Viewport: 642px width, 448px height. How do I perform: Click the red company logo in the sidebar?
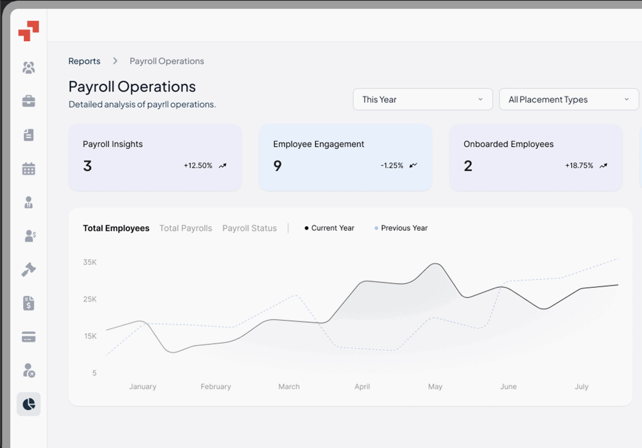coord(29,31)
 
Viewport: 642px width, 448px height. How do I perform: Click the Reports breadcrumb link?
coord(84,61)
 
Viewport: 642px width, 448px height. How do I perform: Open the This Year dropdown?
coord(423,99)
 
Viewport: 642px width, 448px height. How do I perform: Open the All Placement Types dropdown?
coord(569,99)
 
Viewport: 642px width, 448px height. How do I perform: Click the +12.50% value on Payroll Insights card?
coord(198,166)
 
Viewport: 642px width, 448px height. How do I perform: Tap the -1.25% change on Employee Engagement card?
coord(392,166)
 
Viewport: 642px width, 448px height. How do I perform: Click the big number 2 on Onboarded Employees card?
coord(468,166)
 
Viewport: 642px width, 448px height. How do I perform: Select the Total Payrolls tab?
coord(186,228)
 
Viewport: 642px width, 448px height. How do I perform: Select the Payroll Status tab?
coord(250,228)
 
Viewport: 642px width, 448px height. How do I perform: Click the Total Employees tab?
coord(116,228)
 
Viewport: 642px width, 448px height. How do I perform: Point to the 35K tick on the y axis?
coord(90,262)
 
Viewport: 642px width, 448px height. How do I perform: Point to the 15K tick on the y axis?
coord(90,336)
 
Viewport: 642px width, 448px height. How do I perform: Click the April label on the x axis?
coord(362,387)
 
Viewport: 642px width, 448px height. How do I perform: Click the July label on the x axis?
coord(581,387)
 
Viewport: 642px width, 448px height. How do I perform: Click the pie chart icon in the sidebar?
coord(29,404)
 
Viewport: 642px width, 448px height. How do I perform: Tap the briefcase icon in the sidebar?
coord(29,101)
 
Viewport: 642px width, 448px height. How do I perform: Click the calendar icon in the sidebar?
coord(29,169)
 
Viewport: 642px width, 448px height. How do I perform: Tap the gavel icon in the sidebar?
coord(29,270)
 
